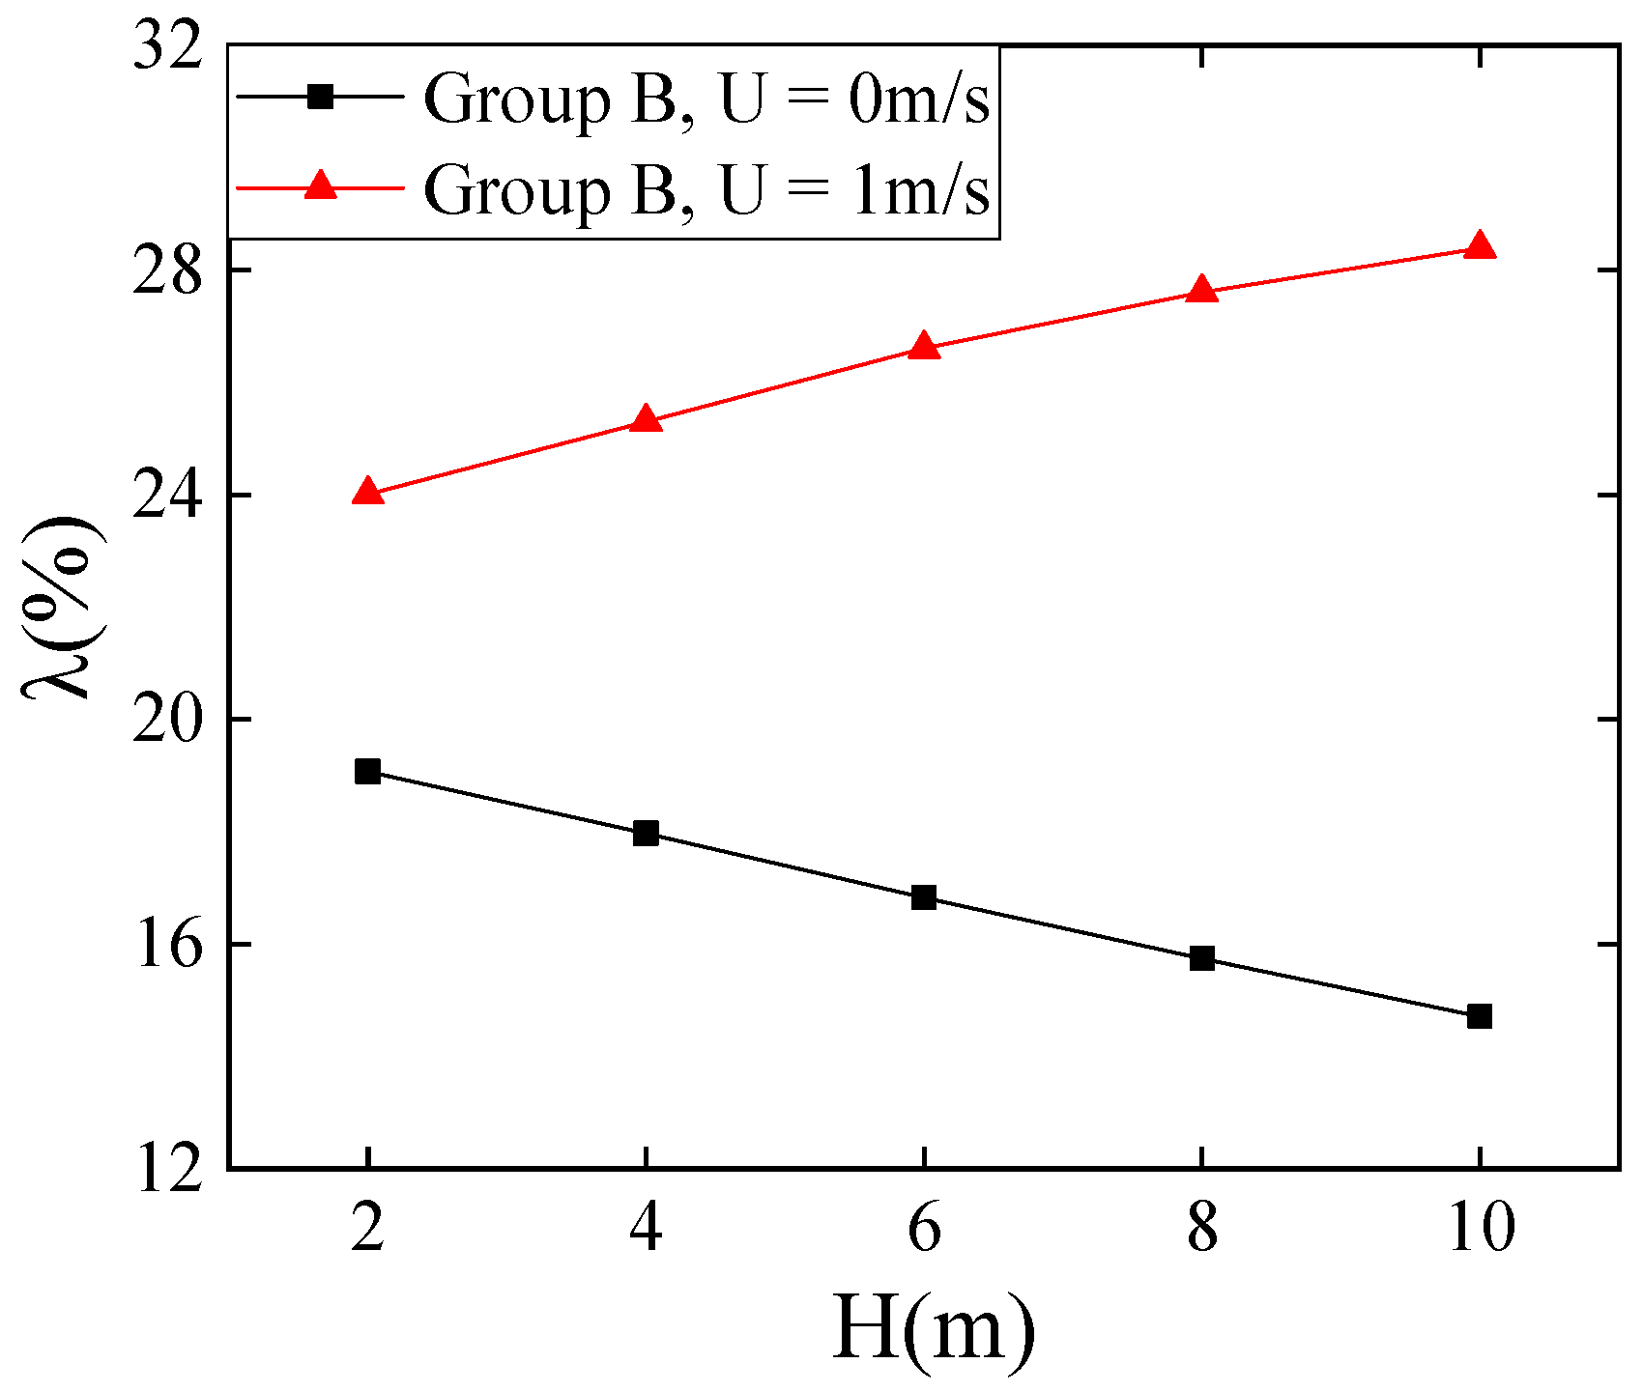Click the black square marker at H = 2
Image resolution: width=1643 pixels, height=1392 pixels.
(367, 771)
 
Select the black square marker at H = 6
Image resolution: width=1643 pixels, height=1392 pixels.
(924, 897)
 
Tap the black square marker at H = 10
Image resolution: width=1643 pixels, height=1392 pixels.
(1480, 1016)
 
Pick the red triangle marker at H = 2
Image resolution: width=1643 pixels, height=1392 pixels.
(367, 492)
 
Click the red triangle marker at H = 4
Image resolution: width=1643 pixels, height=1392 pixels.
(646, 419)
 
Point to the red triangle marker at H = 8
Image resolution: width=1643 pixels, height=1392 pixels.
(1201, 290)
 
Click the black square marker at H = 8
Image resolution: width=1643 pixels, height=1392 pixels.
(1201, 958)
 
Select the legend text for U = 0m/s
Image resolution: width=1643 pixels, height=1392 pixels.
(706, 99)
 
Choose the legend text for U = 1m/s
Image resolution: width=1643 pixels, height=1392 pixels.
(706, 189)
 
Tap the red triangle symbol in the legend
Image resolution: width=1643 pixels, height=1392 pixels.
(320, 185)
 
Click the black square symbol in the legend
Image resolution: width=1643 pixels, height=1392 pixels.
(320, 96)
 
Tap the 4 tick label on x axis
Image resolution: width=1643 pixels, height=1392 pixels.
(646, 1230)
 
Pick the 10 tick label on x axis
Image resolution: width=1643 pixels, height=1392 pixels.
(1480, 1230)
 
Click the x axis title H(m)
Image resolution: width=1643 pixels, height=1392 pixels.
(932, 1330)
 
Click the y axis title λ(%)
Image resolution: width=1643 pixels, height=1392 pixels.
(60, 607)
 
